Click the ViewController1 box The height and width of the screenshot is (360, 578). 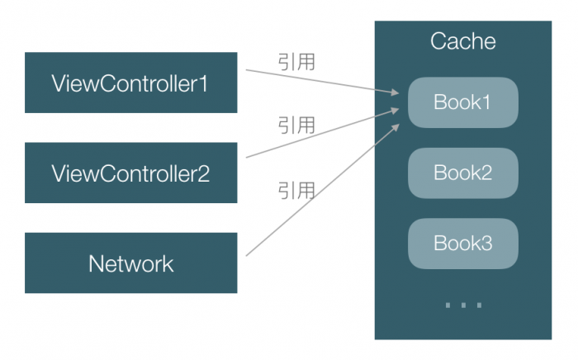[x=130, y=83]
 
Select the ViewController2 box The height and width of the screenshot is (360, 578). [x=130, y=173]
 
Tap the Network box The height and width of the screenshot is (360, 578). [x=130, y=263]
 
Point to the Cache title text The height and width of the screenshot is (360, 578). [x=462, y=42]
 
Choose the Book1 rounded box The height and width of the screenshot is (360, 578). [x=462, y=103]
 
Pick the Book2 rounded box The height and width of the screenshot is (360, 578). [x=462, y=173]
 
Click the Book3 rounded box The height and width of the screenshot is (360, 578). [x=462, y=244]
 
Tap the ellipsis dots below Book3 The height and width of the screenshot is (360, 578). [x=462, y=306]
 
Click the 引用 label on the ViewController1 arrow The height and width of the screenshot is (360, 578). [x=296, y=63]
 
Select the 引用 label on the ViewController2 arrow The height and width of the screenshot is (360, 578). [x=296, y=126]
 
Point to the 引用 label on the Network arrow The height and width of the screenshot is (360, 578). [x=296, y=191]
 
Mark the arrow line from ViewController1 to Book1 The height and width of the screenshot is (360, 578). [x=322, y=82]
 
